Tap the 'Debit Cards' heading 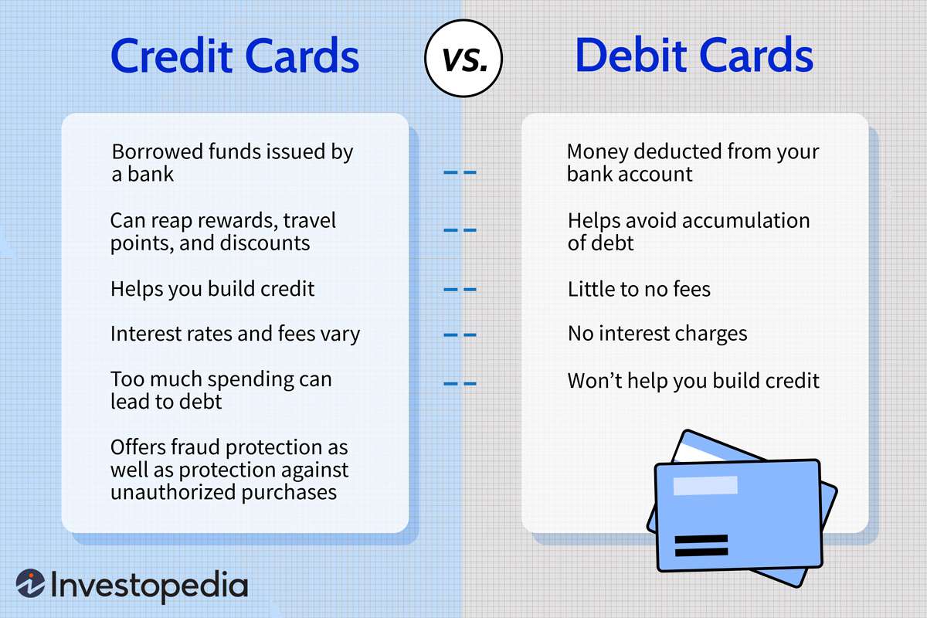click(x=694, y=56)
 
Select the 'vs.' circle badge click(x=463, y=58)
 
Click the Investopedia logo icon click(x=31, y=585)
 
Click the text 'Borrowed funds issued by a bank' click(x=231, y=162)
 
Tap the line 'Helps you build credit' click(x=212, y=289)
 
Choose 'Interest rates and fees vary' click(x=235, y=334)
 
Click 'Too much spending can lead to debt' click(x=220, y=390)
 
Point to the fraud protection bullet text click(x=229, y=470)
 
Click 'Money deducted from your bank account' click(x=692, y=162)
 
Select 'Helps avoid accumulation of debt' click(x=688, y=232)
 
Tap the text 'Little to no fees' click(x=639, y=289)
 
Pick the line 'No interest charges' click(x=657, y=334)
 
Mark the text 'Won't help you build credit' click(x=693, y=381)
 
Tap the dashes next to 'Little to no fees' click(x=460, y=290)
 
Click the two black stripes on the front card click(x=701, y=545)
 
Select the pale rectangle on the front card click(x=705, y=486)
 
